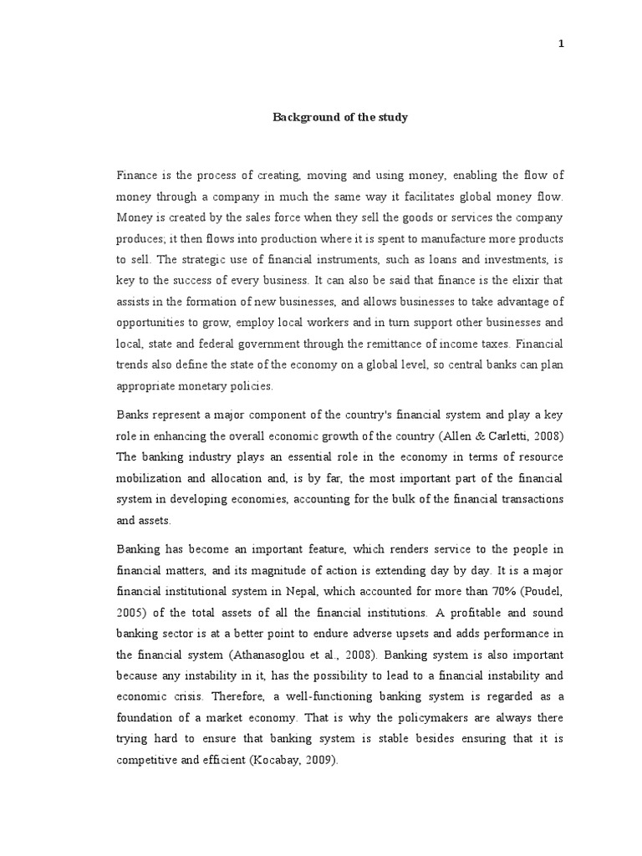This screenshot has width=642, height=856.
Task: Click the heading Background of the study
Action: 340,117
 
